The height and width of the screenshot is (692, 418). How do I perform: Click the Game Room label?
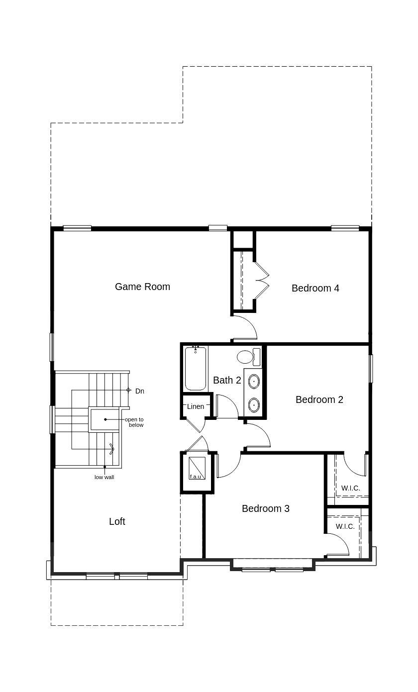[x=142, y=287]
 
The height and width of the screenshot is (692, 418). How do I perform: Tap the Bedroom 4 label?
[x=315, y=288]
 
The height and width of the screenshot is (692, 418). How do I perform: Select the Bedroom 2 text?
[x=319, y=399]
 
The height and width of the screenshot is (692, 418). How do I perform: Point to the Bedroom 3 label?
[x=265, y=508]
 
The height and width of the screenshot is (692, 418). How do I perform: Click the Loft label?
[x=117, y=521]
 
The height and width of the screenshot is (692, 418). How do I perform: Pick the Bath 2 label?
[x=227, y=380]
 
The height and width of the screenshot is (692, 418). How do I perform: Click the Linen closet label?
[x=196, y=406]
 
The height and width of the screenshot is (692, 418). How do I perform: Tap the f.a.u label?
[x=196, y=477]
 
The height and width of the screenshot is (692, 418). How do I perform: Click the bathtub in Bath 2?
[x=196, y=369]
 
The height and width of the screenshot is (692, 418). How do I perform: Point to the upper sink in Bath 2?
[x=254, y=382]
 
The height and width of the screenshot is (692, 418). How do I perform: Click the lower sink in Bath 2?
[x=254, y=405]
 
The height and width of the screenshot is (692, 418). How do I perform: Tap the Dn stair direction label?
[x=139, y=391]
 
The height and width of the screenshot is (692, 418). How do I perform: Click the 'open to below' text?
[x=134, y=422]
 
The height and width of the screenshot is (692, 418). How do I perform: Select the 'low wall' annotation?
[x=104, y=478]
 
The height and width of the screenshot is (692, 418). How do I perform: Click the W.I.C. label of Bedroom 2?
[x=351, y=488]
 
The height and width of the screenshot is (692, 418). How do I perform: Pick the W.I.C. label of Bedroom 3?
[x=345, y=526]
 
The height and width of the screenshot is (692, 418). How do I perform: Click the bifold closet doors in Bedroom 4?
[x=261, y=281]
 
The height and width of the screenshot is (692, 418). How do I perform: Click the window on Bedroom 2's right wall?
[x=371, y=368]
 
